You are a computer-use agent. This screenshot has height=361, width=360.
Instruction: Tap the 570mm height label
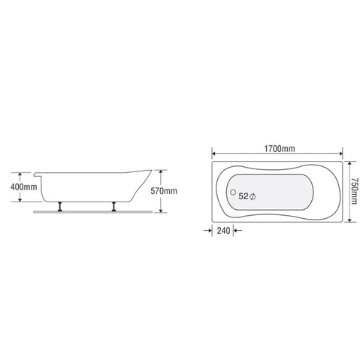click(165, 190)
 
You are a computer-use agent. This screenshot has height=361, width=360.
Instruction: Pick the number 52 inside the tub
click(243, 196)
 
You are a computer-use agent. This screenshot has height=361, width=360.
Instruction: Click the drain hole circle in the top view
click(232, 193)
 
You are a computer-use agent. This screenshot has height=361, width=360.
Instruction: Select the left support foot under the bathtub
click(59, 206)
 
